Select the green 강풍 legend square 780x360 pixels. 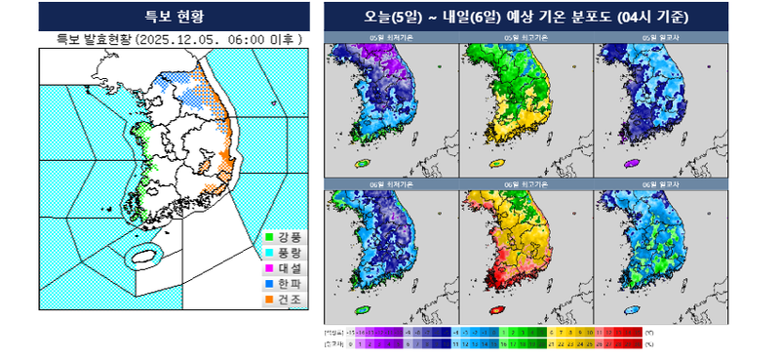269,237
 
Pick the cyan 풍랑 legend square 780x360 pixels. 269,253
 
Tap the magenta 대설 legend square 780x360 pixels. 269,268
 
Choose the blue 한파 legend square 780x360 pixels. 269,284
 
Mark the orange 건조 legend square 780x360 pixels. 269,300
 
